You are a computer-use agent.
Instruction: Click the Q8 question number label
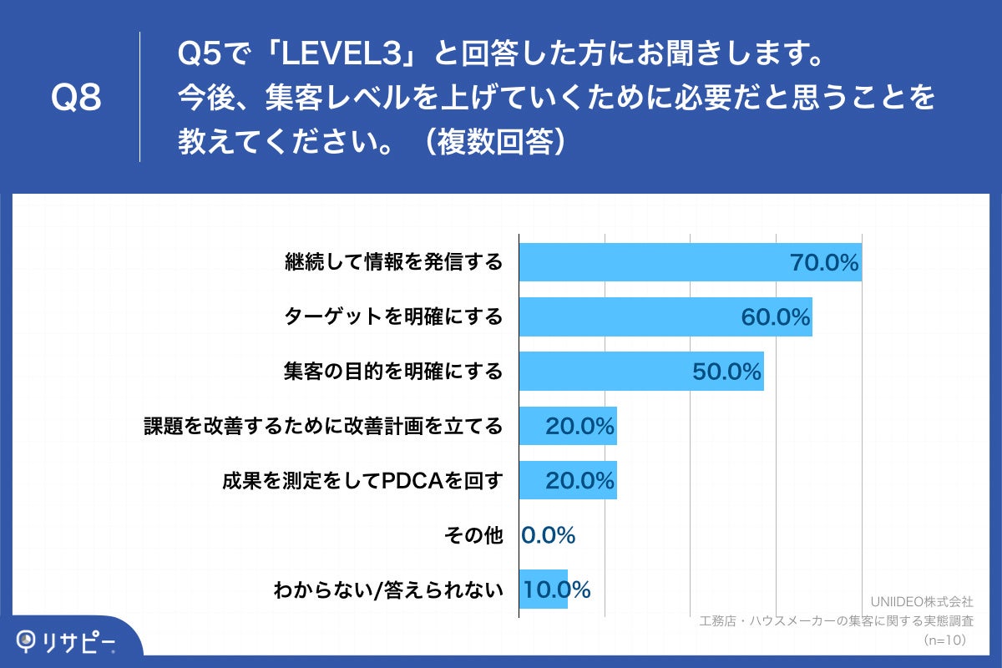[76, 98]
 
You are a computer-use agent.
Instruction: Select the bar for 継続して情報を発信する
[651, 262]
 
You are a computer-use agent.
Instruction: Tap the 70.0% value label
[824, 263]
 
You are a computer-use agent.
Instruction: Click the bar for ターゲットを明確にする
[626, 316]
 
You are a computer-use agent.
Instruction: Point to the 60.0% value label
[775, 317]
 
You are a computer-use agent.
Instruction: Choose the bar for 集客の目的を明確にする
[601, 371]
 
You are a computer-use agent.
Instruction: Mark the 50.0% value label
[726, 372]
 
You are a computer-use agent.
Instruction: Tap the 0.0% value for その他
[549, 535]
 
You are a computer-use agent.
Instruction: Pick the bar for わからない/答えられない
[543, 590]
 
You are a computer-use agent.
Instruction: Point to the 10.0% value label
[557, 590]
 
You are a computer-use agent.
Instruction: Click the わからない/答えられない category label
[388, 590]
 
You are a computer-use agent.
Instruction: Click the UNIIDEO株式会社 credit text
[921, 601]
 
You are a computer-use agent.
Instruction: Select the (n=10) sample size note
[944, 640]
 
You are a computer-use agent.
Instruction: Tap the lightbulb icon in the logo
[28, 640]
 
